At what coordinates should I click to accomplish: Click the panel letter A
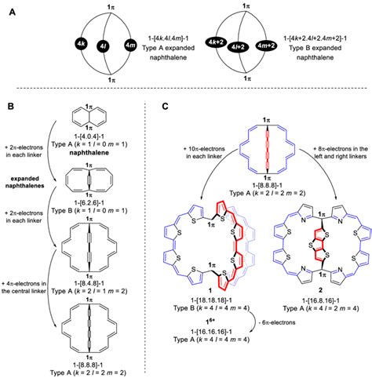(x=12, y=14)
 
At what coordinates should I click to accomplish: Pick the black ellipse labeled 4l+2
(x=249, y=45)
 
